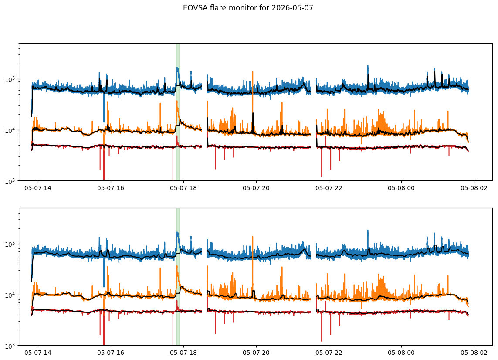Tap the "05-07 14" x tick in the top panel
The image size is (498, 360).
tap(38, 188)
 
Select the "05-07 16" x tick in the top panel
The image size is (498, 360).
tap(111, 188)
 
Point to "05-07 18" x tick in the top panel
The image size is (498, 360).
tap(183, 188)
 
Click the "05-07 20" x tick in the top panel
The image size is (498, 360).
tap(256, 188)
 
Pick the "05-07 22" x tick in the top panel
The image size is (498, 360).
tap(329, 188)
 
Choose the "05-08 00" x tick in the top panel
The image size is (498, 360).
tap(401, 188)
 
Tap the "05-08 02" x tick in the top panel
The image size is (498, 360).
tap(474, 188)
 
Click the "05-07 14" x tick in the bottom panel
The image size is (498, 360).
tap(38, 353)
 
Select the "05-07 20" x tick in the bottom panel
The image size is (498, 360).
tap(256, 353)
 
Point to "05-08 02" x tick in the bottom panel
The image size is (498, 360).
tap(474, 353)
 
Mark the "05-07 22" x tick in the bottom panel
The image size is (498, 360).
tap(329, 353)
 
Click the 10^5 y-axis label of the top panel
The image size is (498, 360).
tap(11, 79)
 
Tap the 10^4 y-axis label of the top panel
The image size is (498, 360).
tap(11, 130)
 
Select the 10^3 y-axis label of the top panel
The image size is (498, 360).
tap(11, 181)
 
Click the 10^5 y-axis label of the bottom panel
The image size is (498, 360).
tap(11, 244)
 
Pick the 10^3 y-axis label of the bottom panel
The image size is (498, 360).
tap(11, 346)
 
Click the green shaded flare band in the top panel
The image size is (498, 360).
tap(178, 112)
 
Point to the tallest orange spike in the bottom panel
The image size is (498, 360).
tap(253, 267)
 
